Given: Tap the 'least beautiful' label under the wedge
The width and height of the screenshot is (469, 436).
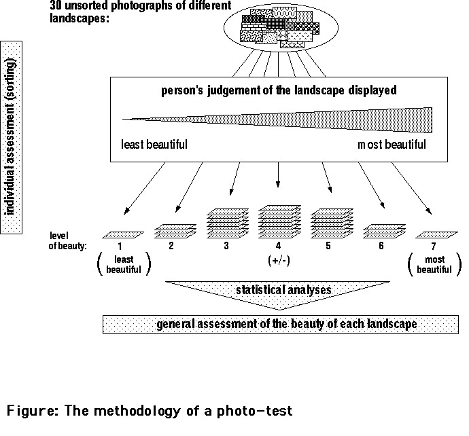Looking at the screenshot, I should (x=154, y=145).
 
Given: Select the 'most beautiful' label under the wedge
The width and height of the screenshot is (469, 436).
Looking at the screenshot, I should (x=392, y=145).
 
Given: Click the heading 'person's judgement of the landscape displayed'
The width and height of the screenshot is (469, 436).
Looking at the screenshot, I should (x=278, y=90).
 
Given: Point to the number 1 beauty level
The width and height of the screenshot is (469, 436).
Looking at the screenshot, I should (x=119, y=246).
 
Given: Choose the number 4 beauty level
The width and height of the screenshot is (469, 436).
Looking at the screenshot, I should (x=277, y=246).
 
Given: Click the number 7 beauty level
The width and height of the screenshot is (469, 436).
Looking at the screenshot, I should (x=435, y=246).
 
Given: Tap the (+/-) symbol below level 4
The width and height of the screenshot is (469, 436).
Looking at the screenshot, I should (x=277, y=260).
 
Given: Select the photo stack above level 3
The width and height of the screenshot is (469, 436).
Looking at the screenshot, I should (x=225, y=223).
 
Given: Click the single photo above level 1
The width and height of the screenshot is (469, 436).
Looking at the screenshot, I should (x=124, y=234).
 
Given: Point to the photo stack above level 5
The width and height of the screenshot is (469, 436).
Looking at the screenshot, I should (x=330, y=223).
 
